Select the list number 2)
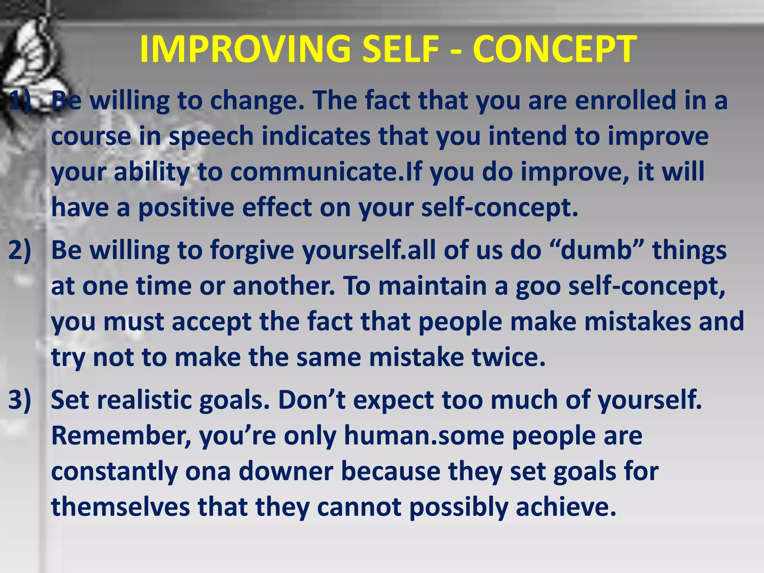pyautogui.click(x=19, y=250)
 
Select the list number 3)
pyautogui.click(x=19, y=400)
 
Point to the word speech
pyautogui.click(x=211, y=137)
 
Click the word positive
pyautogui.click(x=186, y=207)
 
